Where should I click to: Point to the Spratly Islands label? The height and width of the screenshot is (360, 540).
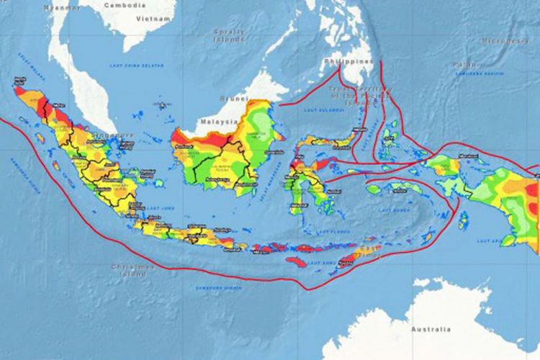(229, 36)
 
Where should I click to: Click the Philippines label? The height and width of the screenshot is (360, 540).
(348, 61)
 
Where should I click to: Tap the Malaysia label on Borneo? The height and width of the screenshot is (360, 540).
(219, 122)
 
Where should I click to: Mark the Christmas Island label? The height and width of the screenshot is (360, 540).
(132, 270)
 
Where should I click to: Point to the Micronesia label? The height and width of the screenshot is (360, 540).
(505, 41)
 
